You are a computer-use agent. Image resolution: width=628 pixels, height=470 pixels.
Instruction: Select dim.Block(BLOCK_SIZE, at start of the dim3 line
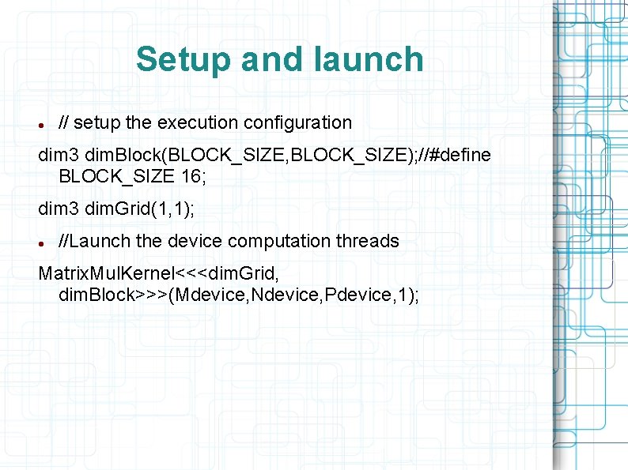156,155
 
